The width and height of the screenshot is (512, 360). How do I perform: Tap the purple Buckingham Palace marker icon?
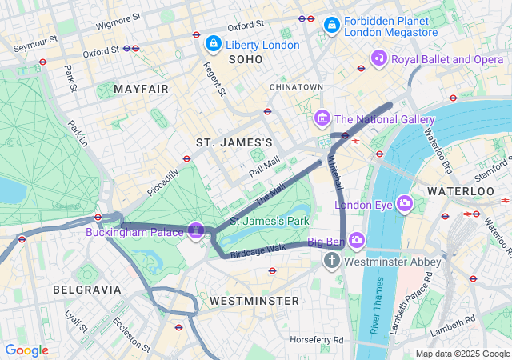click(x=197, y=230)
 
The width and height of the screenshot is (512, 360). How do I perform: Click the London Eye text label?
click(x=364, y=205)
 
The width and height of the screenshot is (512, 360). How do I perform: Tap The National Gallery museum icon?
click(x=323, y=119)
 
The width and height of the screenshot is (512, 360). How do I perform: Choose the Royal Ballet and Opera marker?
click(x=379, y=57)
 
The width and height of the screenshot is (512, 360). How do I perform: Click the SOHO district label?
click(x=245, y=59)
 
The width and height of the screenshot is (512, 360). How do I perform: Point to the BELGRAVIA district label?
click(x=87, y=289)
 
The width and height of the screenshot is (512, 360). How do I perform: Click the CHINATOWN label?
click(x=296, y=86)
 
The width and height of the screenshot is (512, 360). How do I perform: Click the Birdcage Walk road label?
click(x=258, y=251)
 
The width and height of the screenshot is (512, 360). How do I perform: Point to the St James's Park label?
click(x=269, y=220)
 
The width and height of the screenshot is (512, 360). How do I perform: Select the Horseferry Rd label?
click(x=317, y=340)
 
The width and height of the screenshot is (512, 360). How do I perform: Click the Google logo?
click(x=26, y=350)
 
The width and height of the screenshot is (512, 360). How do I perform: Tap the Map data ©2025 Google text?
click(x=462, y=354)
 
